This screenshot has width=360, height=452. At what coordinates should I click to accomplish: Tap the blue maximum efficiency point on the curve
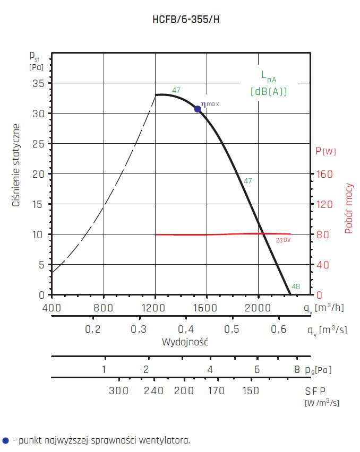198,109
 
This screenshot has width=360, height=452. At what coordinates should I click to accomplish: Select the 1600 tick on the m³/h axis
206,308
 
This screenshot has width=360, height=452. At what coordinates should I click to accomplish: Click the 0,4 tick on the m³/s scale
185,329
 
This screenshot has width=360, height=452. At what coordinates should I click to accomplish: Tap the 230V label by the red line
283,240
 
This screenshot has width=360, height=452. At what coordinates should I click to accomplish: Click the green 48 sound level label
296,287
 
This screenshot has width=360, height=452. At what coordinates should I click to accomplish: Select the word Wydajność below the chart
185,342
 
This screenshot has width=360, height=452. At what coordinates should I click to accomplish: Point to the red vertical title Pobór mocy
349,209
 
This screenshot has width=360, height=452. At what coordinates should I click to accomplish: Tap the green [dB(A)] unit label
269,91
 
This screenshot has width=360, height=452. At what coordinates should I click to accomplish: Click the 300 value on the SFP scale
119,391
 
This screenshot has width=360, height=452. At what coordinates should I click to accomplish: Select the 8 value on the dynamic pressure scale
297,370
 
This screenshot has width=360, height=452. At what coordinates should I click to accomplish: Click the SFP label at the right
315,391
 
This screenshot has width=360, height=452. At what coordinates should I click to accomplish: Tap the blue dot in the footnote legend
5,440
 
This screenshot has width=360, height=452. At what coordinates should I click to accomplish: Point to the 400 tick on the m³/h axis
52,308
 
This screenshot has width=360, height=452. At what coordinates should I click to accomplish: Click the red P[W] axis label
326,151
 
